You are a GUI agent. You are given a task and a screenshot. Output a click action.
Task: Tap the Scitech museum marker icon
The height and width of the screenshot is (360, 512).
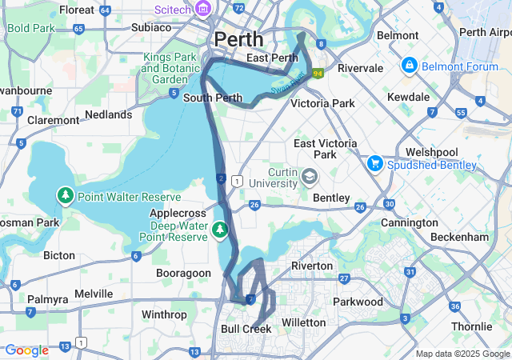(x=204, y=10)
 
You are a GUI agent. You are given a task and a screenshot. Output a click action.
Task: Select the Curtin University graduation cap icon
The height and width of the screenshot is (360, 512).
(x=309, y=175)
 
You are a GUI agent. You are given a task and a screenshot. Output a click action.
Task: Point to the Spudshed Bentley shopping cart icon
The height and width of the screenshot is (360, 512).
(x=374, y=163)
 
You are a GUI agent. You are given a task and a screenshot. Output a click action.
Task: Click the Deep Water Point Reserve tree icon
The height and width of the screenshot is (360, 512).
(x=220, y=231)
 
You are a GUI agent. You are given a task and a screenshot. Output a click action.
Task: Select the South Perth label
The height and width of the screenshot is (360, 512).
(x=212, y=98)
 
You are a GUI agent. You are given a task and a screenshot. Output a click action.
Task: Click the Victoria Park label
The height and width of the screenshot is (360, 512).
(x=322, y=103)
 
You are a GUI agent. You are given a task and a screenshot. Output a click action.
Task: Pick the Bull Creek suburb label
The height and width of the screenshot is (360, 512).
(x=246, y=329)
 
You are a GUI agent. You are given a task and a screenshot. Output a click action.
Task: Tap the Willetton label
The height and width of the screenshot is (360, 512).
(x=304, y=322)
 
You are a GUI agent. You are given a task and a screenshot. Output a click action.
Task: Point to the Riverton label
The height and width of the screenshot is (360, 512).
(x=312, y=266)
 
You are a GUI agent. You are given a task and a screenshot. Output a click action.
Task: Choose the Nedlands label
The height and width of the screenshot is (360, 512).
(x=108, y=115)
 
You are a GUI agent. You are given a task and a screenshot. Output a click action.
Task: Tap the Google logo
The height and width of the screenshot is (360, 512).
(x=26, y=350)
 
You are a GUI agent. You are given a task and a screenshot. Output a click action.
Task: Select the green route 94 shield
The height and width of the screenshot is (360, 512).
(x=318, y=74)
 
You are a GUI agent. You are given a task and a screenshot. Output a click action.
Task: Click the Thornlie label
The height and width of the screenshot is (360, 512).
(x=472, y=326)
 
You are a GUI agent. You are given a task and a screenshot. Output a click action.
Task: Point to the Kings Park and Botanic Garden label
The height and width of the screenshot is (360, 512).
(x=170, y=68)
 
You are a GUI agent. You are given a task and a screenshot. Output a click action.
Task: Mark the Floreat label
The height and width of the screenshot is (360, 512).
(x=76, y=10)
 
